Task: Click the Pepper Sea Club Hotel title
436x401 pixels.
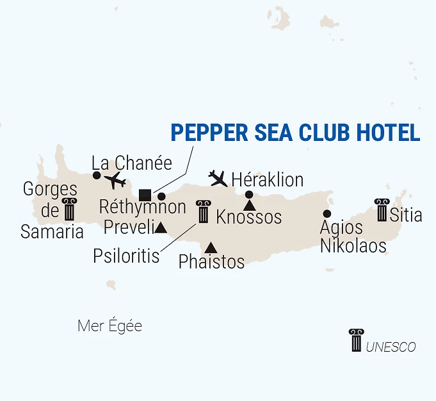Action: point(295,132)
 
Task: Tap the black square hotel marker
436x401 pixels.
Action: point(145,195)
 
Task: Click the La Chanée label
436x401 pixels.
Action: point(132,163)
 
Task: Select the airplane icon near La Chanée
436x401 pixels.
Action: point(116,180)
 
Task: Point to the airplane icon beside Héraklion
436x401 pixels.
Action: point(218,177)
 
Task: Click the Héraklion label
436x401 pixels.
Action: point(267,179)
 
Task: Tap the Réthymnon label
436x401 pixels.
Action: point(143,208)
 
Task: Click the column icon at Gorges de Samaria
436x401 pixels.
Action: point(68,209)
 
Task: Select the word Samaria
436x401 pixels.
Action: point(52,231)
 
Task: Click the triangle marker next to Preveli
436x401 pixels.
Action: point(161,227)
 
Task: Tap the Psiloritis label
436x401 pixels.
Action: point(126,256)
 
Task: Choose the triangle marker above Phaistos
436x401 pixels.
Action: point(211,248)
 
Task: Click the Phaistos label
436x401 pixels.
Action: point(212,261)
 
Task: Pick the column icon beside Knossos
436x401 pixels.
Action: point(204,211)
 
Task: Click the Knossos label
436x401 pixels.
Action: point(249,217)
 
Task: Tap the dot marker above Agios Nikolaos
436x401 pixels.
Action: point(327,213)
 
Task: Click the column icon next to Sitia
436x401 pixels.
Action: point(382,210)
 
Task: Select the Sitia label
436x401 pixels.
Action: point(406,215)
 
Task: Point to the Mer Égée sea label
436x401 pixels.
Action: point(109,326)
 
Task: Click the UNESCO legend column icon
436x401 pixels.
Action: point(356,340)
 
